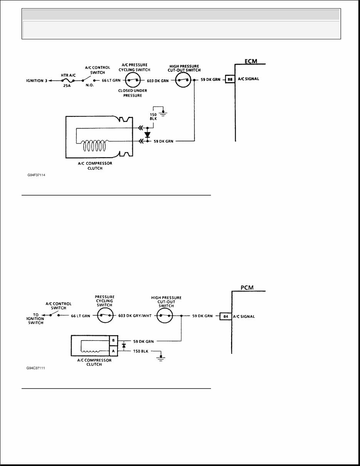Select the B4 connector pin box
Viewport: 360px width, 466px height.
pos(225,317)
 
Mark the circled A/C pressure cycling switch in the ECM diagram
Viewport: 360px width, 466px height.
pos(133,80)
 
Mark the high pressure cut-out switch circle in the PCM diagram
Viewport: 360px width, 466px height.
pos(166,315)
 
